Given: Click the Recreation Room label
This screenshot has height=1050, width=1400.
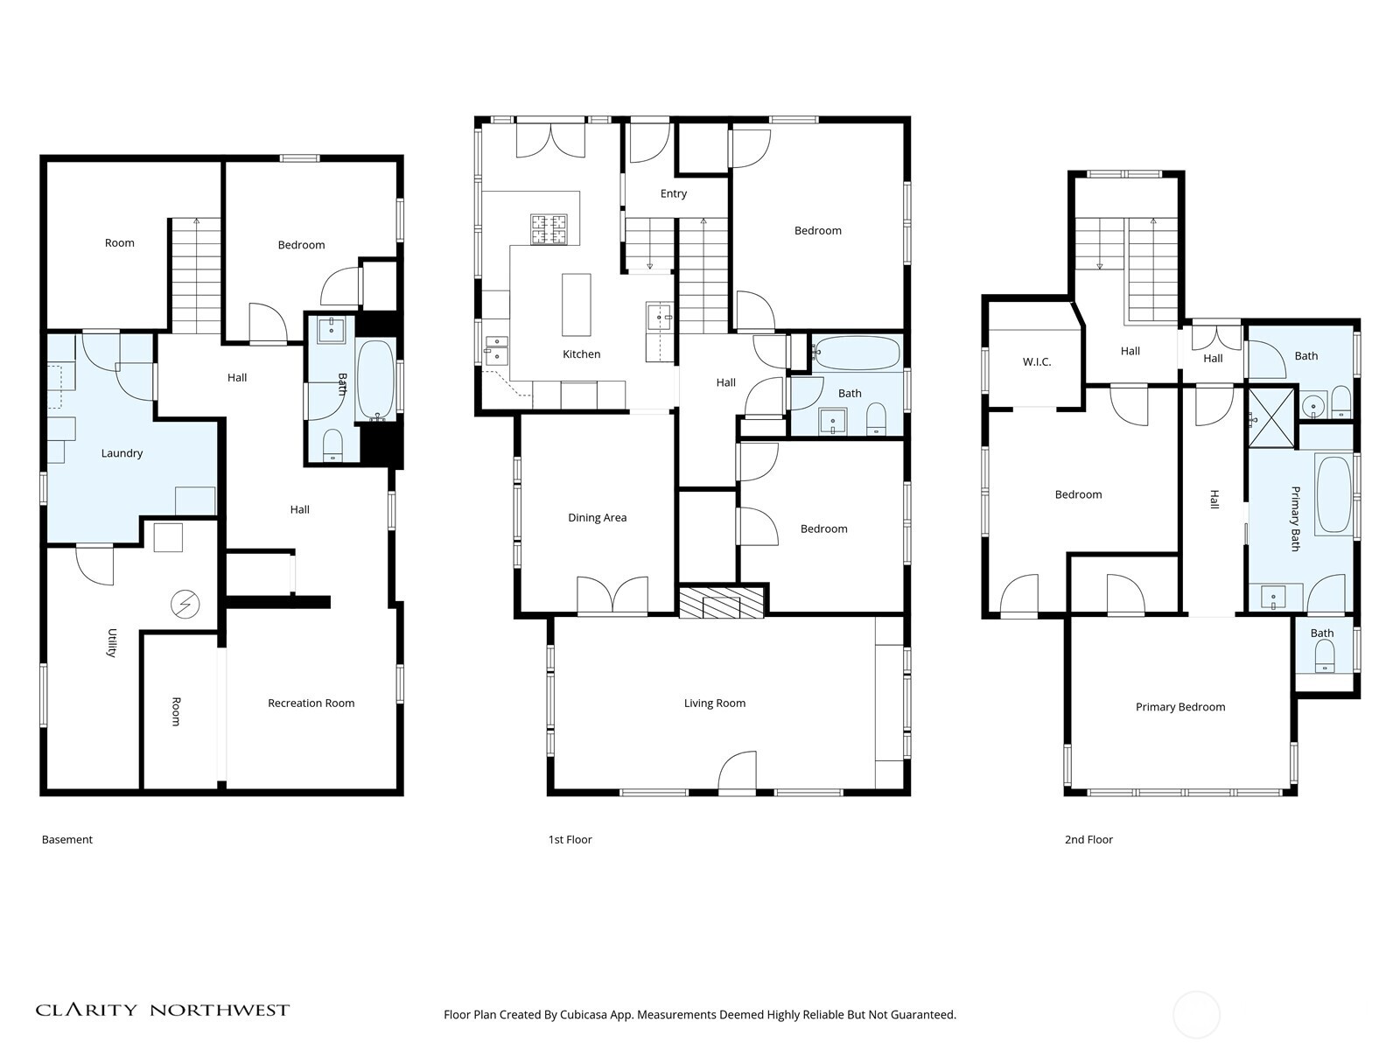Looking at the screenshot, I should pos(311,703).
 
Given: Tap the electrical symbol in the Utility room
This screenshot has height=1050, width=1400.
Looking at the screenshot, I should pos(185,604).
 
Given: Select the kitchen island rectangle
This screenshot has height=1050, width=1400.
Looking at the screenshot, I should pos(576,304).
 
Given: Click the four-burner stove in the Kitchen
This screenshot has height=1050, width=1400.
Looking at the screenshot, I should pos(549,229).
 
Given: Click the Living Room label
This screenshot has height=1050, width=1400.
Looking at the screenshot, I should pos(714,703).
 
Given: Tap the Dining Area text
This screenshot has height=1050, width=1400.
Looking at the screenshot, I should pos(597,517).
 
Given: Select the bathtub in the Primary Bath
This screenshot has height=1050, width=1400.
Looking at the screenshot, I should pos(1334,494).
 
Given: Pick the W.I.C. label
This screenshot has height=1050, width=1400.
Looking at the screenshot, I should pos(1036,361).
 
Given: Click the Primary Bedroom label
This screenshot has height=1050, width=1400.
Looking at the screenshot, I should pos(1179,707).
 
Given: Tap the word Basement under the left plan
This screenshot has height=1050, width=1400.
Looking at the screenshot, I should pos(66,839).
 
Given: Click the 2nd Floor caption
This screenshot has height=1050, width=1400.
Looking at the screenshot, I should pos(1088,839).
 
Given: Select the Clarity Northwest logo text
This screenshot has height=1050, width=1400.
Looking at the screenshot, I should pos(162,1010).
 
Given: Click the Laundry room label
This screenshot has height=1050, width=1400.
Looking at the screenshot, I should pos(122,453).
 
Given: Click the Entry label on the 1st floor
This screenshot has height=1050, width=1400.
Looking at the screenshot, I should pos(673,193).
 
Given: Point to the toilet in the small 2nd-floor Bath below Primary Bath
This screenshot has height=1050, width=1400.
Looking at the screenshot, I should pos(1325,654).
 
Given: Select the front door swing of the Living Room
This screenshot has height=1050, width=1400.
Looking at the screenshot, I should pos(738,772).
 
